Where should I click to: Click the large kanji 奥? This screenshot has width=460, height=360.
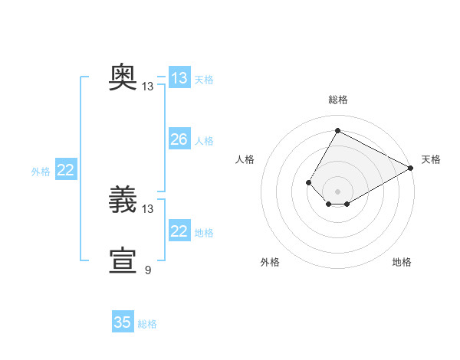pos(123,77)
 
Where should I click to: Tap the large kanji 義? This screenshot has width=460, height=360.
pos(123,199)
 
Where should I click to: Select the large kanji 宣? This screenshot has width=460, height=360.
pos(123,260)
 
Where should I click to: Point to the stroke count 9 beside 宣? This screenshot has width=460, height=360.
pos(148,270)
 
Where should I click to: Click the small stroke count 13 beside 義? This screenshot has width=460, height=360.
pos(147,209)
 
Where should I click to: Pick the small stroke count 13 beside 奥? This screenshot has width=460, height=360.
pos(147,87)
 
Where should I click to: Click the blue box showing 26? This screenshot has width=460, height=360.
pos(179,139)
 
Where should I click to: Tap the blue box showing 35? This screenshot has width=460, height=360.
pos(123,321)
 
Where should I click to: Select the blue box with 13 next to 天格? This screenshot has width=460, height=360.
pos(179,77)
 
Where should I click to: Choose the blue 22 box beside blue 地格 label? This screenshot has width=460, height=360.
pos(179,230)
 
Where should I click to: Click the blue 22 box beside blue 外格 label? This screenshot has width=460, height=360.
pos(66,169)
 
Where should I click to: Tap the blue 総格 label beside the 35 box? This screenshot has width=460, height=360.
pos(147,324)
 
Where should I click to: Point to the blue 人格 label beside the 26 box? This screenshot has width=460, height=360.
pos(204,141)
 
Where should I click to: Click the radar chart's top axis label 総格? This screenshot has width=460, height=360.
pos(338,100)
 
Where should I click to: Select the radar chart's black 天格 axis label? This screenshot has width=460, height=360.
pos(431,159)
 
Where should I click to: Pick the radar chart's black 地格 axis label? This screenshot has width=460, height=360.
pos(402,262)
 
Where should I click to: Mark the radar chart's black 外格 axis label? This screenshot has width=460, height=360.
pos(270,262)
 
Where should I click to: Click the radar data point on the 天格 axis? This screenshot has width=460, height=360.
pos(411,168)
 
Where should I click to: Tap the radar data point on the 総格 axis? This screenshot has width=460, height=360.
pos(337,130)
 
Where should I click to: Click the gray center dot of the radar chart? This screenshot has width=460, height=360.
pos(337,191)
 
